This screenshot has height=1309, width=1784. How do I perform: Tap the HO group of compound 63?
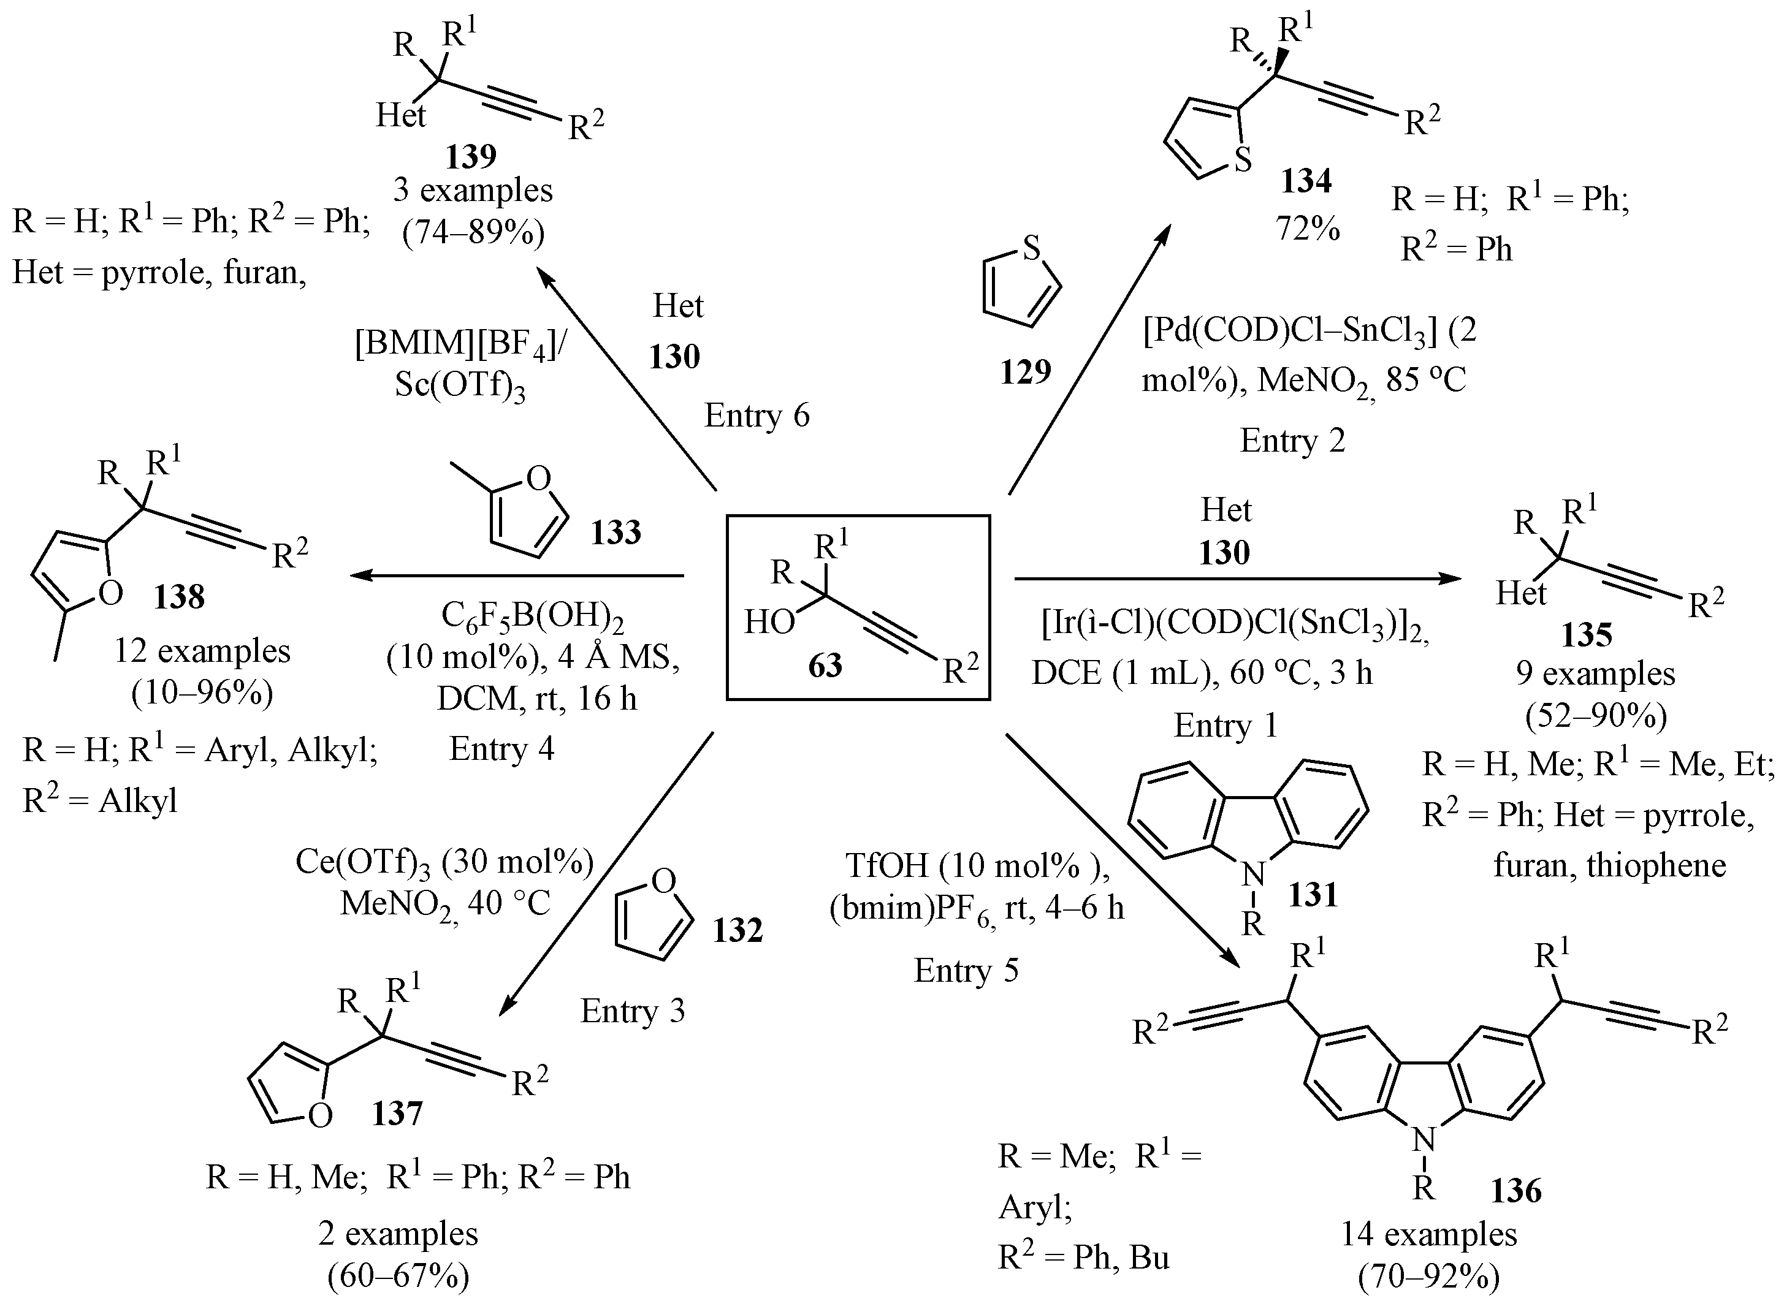[769, 623]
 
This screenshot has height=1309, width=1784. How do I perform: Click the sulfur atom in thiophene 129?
[1031, 249]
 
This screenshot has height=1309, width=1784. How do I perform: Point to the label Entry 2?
[1292, 441]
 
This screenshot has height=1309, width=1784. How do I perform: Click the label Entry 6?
[757, 415]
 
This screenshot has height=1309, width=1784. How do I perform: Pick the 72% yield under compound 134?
[1307, 229]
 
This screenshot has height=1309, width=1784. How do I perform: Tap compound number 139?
[471, 156]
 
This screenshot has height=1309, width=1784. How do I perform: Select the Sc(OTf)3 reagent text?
[460, 386]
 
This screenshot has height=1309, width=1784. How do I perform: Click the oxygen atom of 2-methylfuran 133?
[538, 478]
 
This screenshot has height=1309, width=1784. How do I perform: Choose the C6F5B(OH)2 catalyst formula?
[533, 617]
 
